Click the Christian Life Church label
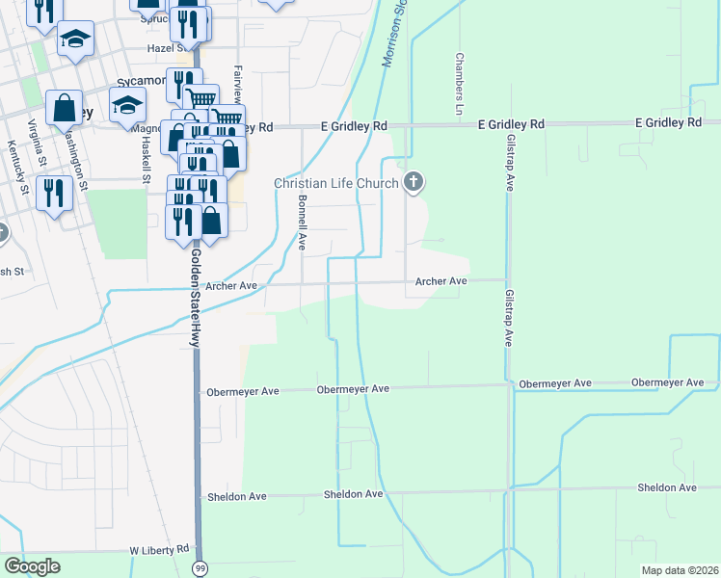pos(335,183)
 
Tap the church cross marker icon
pos(414,180)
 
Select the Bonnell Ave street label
pos(302,223)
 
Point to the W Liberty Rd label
pos(160,549)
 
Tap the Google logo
pos(32,566)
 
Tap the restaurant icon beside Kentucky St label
pos(54,193)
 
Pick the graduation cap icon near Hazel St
pos(76,39)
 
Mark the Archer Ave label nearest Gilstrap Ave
pos(441,281)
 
